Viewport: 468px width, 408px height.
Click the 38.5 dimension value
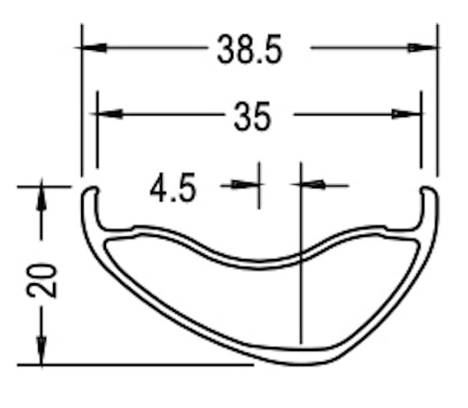coord(250,51)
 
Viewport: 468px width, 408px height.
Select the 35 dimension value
coord(252,117)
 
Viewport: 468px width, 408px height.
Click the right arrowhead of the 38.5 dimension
coord(424,48)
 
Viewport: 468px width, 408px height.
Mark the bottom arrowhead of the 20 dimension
coord(41,353)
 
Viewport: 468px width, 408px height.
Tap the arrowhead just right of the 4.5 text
coord(247,185)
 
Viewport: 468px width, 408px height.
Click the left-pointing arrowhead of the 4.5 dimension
coord(312,185)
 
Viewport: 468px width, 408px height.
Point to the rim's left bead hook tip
coord(90,189)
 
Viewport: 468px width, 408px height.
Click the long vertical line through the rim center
coord(301,257)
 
